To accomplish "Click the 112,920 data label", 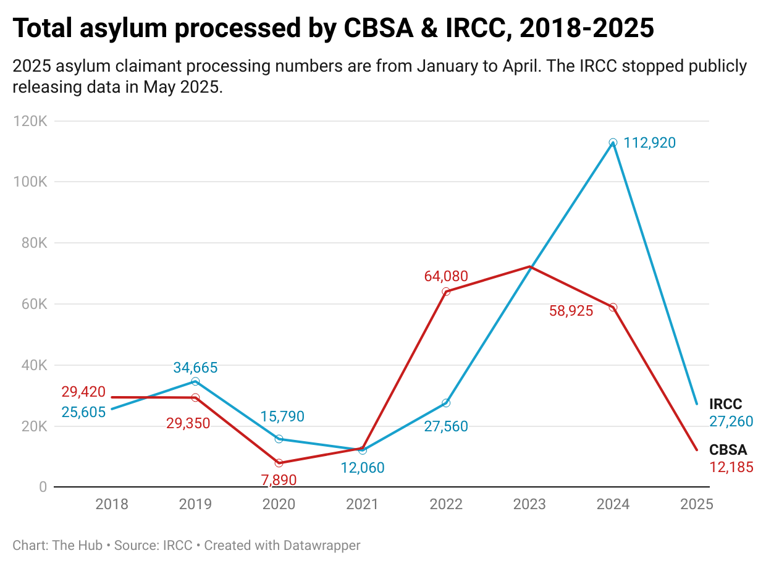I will click(650, 143).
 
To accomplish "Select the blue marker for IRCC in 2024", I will click(613, 143).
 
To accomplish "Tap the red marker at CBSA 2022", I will click(446, 292).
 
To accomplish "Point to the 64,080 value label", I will click(446, 276).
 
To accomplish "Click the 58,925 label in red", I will click(571, 311).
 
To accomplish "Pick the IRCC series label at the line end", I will click(725, 405).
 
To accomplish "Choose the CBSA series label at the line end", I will click(728, 450).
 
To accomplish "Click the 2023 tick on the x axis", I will click(529, 504).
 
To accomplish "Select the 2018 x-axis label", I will click(112, 504).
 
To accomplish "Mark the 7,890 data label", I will click(279, 479).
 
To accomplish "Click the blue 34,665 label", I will click(195, 368).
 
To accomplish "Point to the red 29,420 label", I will click(83, 392).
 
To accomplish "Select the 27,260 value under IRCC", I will click(731, 421).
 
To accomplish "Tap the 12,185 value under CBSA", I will click(731, 467).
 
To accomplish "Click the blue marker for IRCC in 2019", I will click(195, 381).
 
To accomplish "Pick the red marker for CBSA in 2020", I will click(279, 463).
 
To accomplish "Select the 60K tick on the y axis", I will click(33, 304).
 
